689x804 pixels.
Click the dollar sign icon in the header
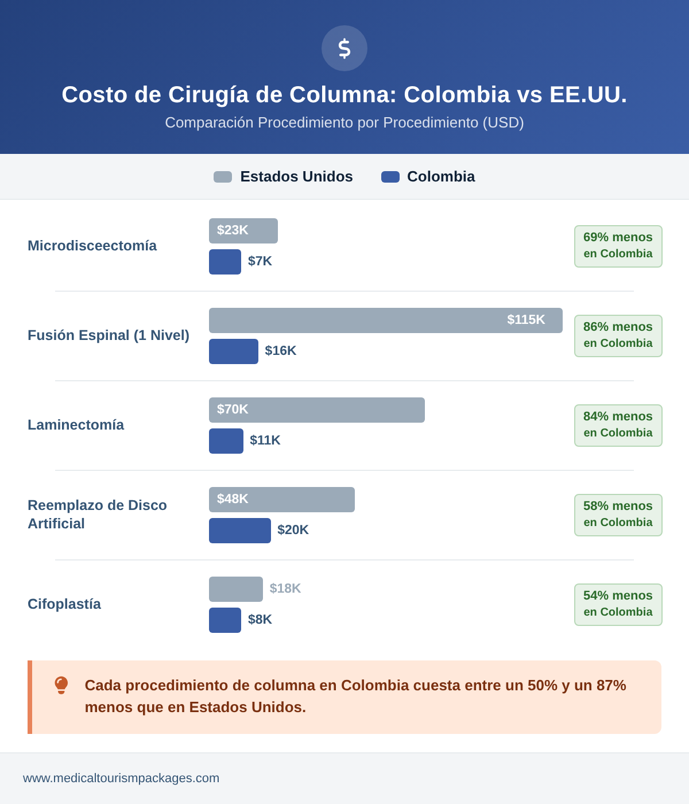(x=344, y=48)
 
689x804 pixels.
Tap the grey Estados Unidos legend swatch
(x=223, y=177)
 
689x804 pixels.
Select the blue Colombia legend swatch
(x=390, y=177)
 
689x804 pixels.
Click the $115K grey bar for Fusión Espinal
(x=386, y=320)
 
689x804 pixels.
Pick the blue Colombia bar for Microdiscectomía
(x=225, y=262)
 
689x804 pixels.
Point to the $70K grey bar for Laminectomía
(x=317, y=410)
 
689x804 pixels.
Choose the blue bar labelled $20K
(x=240, y=531)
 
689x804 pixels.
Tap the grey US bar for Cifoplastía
(x=236, y=589)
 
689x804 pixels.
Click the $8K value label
(x=260, y=620)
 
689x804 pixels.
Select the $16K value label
(x=281, y=351)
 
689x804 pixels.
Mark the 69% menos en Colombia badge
(x=618, y=246)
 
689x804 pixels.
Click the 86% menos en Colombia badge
(x=618, y=336)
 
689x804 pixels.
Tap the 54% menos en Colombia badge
(x=618, y=605)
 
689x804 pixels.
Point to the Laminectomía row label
(x=76, y=425)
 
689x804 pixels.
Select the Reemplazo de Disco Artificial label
(x=97, y=515)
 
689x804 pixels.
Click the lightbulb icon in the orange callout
(x=61, y=685)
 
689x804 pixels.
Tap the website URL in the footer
(x=121, y=778)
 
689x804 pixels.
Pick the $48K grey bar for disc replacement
(x=282, y=500)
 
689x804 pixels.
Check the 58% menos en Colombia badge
(x=618, y=515)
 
